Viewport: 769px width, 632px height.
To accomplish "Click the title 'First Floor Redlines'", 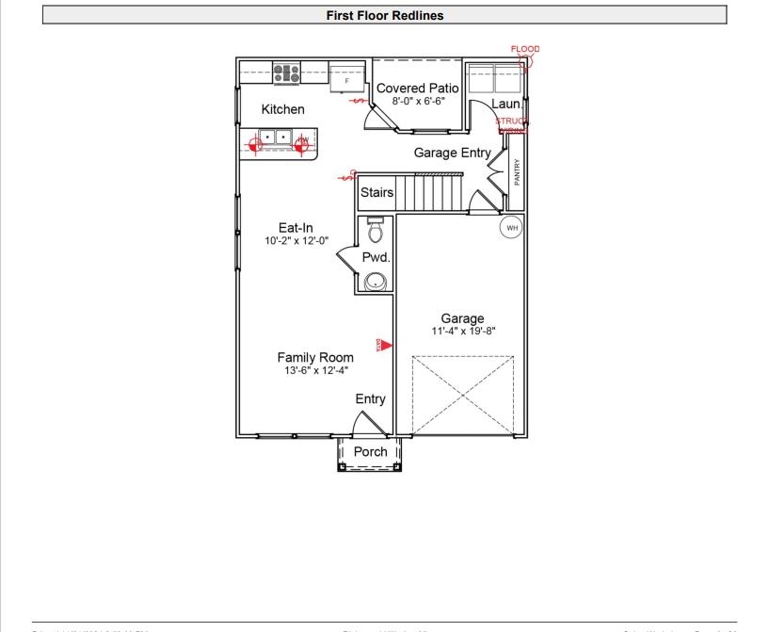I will click(x=384, y=15).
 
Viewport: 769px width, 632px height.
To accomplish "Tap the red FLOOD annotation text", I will click(x=524, y=49).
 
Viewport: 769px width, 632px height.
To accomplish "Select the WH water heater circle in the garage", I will click(x=511, y=227).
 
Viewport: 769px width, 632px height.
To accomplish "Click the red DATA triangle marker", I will click(x=384, y=346).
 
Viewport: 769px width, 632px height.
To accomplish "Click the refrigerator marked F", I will click(x=345, y=79).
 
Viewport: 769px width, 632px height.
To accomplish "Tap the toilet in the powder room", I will click(x=375, y=231).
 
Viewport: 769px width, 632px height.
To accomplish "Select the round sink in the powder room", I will click(x=376, y=281).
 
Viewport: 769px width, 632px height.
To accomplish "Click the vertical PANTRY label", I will click(x=517, y=171).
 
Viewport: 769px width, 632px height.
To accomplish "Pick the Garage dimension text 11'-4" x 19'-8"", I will click(x=462, y=331).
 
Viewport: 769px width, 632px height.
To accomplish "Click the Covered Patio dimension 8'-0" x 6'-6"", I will click(x=418, y=100).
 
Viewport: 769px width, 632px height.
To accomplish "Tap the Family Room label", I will click(x=315, y=357).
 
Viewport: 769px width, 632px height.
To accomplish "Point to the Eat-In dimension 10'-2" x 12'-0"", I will click(x=296, y=240).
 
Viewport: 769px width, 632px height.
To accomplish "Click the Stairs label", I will click(x=376, y=192).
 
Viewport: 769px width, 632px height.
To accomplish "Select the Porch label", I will click(x=370, y=451).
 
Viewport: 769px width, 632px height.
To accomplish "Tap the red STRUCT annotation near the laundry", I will click(x=511, y=122).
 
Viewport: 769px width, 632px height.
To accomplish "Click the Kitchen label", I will click(x=282, y=109).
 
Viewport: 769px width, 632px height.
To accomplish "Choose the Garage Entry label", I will click(x=452, y=153).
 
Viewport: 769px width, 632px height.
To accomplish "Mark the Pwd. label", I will click(x=376, y=256).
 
